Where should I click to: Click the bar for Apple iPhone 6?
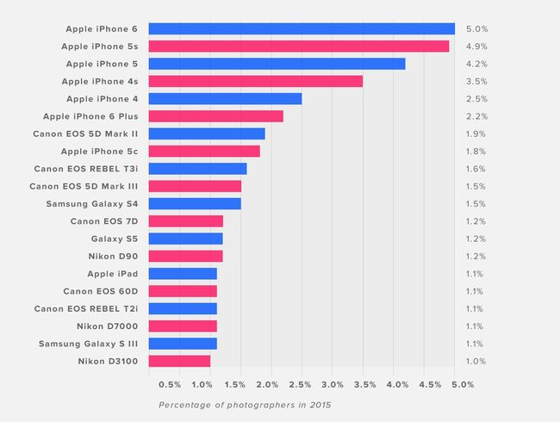coord(302,28)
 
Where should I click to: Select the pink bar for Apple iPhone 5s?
coord(298,46)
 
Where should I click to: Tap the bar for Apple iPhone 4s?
coord(255,81)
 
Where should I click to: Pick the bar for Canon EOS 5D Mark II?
coord(207,133)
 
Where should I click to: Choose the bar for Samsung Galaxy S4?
coord(195,203)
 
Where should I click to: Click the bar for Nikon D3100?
coord(179,361)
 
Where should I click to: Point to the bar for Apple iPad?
coord(183,273)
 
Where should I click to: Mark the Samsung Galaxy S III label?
coord(88,344)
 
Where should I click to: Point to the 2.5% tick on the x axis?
coord(301,384)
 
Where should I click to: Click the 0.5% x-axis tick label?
coord(170,384)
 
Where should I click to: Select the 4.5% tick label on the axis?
coord(430,384)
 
